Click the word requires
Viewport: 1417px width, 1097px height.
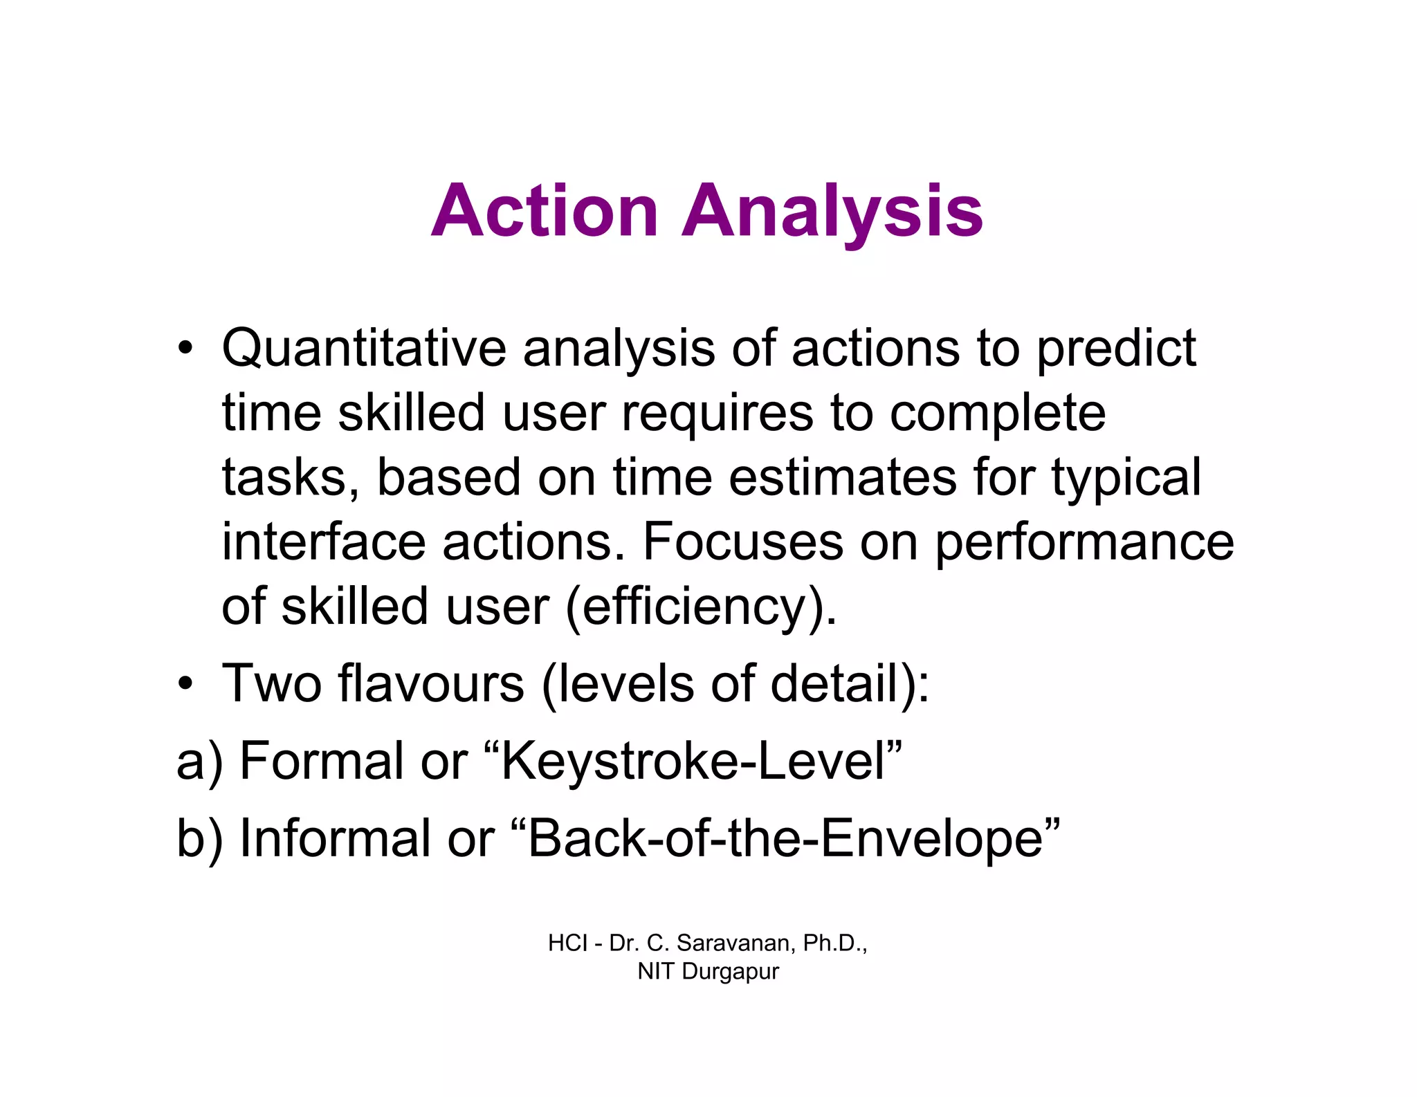(717, 413)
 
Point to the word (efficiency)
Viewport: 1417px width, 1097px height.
(701, 607)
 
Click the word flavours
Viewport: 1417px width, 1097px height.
(431, 683)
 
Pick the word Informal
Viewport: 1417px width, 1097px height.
(334, 838)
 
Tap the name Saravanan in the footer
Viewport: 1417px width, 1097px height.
(737, 943)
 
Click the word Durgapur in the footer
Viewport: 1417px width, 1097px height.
(730, 971)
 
